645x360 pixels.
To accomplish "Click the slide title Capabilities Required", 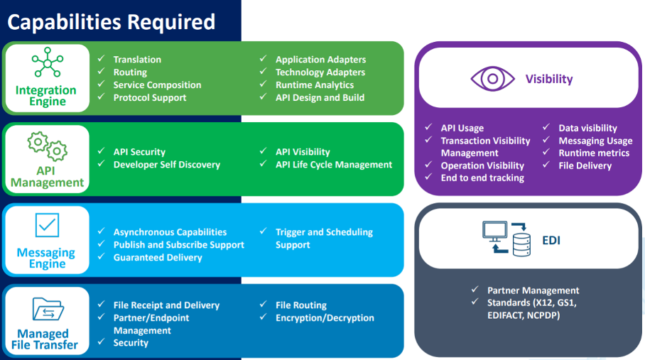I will pos(111,21).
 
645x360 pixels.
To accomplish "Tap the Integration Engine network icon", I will pos(47,62).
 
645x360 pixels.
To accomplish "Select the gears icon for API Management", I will pos(47,146).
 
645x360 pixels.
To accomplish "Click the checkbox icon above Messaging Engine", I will pos(47,226).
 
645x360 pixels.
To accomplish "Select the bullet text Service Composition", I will pos(157,84).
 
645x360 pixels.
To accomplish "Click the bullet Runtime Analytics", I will pos(314,84).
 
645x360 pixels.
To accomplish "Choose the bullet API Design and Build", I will pos(320,97).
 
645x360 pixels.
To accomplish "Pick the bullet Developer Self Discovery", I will pos(166,164).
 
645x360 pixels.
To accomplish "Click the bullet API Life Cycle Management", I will pos(333,164).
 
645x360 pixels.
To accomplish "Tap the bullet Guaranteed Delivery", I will pos(158,257).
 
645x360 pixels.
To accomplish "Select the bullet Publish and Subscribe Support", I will pos(178,244).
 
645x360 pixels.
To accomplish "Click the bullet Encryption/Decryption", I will pos(325,317).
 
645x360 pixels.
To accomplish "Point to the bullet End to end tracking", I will pos(482,178).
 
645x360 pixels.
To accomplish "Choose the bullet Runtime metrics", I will pos(594,153).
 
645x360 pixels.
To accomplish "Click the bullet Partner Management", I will pos(533,290).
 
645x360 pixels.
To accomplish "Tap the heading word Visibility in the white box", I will pos(549,79).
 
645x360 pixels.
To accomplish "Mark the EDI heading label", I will pos(551,240).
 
